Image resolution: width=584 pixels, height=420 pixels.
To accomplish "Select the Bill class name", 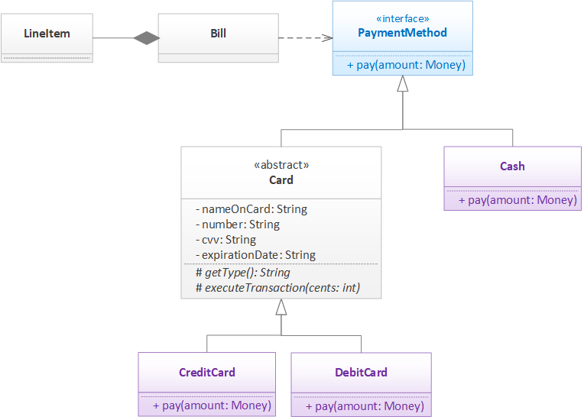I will (218, 34).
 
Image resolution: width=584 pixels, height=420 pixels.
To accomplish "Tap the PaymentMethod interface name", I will (402, 33).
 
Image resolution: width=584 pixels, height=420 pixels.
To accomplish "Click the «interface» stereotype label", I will (402, 18).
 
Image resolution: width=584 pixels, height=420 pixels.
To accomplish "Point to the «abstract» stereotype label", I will (281, 165).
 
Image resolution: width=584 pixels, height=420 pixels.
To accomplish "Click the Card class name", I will (281, 180).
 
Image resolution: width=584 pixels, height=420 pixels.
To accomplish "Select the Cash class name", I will (512, 166).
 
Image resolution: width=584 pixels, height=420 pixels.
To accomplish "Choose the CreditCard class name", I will (206, 373).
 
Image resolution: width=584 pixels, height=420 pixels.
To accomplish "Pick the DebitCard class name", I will (361, 373).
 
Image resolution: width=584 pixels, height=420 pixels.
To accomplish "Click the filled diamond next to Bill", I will (145, 37).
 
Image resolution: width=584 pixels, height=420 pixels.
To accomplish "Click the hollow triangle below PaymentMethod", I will (402, 85).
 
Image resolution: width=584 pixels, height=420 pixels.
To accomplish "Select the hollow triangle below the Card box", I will (281, 307).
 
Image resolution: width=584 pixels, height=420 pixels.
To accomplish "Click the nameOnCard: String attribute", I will (251, 209).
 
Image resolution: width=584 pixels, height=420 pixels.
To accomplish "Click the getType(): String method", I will (243, 273).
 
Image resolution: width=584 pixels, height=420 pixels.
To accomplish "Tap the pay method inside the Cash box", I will (517, 200).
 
